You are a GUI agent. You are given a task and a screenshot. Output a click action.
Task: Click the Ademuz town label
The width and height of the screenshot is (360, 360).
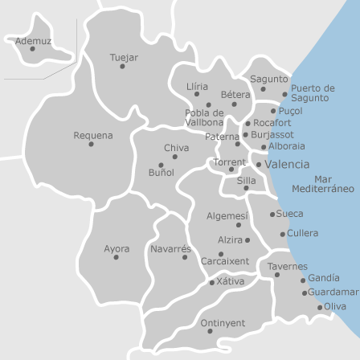34,40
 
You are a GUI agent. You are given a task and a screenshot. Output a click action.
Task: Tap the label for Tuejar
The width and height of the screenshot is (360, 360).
124,58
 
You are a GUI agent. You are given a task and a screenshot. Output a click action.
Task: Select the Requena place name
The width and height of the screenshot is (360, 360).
93,135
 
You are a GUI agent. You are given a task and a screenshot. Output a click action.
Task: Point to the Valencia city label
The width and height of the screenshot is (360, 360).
286,164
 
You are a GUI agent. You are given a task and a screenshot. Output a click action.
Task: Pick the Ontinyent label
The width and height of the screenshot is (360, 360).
222,322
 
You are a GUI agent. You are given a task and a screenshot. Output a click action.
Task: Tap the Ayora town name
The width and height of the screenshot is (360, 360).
117,248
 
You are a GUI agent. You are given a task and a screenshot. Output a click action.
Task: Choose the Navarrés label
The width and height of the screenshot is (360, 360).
171,248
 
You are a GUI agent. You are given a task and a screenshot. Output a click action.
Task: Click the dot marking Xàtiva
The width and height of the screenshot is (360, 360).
212,283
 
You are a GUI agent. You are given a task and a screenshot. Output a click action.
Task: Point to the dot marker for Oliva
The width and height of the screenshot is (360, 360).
320,307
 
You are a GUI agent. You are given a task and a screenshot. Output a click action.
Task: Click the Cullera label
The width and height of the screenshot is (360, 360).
302,233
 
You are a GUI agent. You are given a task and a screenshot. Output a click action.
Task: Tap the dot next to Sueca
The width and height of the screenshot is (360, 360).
272,215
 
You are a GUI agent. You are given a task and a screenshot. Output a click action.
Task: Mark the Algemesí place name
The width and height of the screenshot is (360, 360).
227,215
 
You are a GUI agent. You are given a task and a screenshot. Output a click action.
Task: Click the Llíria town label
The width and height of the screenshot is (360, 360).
197,85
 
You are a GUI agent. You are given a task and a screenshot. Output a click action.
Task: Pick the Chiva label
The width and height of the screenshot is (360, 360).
177,148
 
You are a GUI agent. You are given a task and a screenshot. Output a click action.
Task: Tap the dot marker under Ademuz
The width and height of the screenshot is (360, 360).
32,49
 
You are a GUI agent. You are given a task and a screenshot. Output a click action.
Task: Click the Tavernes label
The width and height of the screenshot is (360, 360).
287,265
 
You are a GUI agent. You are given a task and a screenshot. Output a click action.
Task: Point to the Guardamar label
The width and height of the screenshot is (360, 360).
333,292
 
